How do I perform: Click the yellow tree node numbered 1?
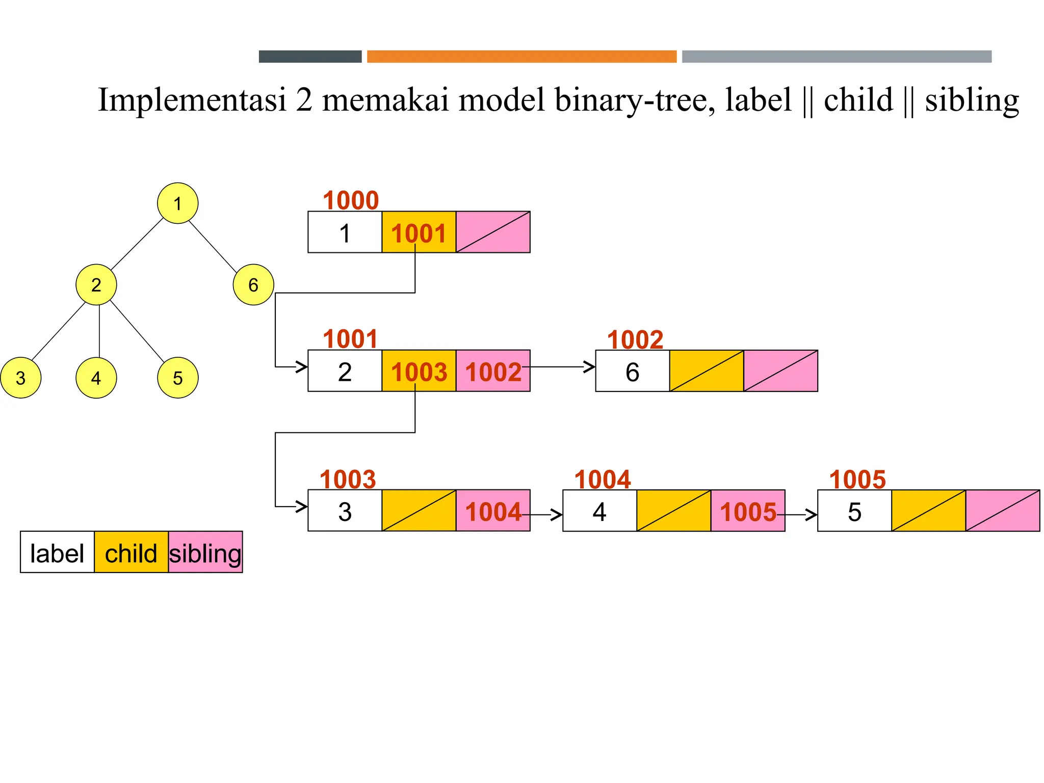tap(177, 203)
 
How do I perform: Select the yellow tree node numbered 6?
tap(253, 284)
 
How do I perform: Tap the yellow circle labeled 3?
tap(20, 378)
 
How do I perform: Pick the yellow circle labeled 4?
tap(96, 378)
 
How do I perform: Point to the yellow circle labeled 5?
tap(177, 378)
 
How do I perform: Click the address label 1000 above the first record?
tap(351, 200)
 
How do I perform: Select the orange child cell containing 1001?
tap(419, 232)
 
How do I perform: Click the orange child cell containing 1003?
tap(419, 371)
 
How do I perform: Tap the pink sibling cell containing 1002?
tap(493, 371)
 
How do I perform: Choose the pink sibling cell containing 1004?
tap(493, 511)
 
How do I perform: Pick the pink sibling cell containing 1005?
tap(748, 511)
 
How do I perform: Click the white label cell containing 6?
tap(632, 371)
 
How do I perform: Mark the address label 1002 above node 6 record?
tap(635, 340)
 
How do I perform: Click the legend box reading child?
tap(131, 553)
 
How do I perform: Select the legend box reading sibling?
tap(205, 553)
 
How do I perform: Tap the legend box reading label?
tap(57, 553)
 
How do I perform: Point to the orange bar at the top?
tap(521, 57)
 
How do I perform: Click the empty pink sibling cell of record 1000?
tap(493, 232)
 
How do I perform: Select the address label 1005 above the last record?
tap(857, 480)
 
